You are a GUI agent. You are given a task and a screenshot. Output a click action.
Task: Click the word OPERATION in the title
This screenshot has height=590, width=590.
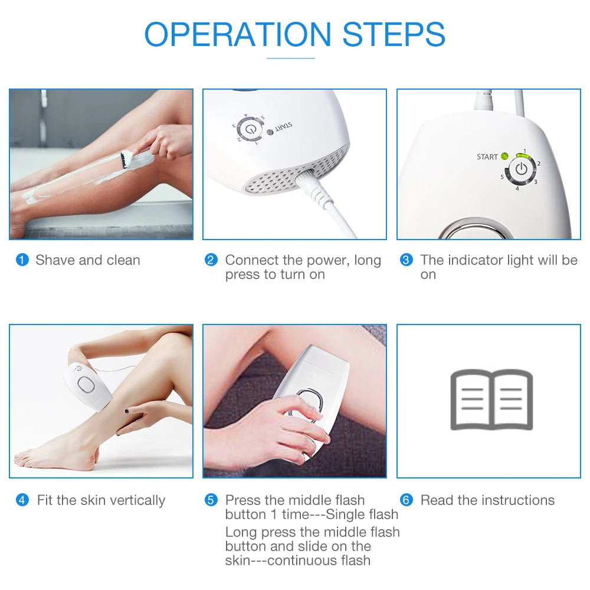click(x=237, y=34)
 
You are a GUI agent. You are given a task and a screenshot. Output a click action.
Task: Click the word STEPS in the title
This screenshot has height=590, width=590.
click(x=394, y=34)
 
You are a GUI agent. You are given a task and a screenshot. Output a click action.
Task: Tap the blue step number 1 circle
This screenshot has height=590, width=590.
click(x=22, y=260)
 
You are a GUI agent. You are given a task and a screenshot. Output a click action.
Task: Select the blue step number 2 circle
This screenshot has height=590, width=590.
click(x=211, y=260)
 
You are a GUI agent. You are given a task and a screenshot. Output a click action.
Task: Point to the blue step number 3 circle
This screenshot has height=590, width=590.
click(x=406, y=260)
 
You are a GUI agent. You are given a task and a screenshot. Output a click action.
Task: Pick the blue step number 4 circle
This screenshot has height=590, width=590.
click(x=22, y=500)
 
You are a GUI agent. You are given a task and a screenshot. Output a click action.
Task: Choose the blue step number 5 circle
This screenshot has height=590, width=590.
click(x=211, y=500)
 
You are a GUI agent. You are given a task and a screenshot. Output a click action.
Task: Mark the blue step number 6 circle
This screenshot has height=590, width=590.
click(x=406, y=500)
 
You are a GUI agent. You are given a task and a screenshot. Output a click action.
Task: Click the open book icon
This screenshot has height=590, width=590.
click(x=491, y=399)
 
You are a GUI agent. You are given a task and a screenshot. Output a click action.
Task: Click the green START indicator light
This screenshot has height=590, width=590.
click(x=504, y=156)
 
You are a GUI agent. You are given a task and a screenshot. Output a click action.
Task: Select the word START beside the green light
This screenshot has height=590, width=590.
click(x=487, y=157)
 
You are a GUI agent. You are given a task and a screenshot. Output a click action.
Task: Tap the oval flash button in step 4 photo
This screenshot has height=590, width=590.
click(x=86, y=385)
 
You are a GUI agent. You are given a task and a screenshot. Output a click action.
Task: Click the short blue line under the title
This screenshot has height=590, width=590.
click(x=291, y=58)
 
